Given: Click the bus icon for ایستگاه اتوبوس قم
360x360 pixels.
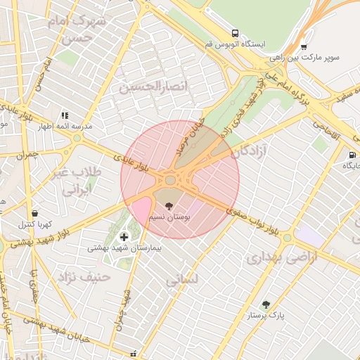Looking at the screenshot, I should click(x=234, y=33).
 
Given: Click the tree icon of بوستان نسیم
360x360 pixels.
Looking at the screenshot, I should click(x=168, y=206).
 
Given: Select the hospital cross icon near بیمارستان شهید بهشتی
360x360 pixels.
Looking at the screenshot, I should click(x=124, y=237).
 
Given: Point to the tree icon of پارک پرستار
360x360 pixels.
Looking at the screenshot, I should click(x=266, y=304).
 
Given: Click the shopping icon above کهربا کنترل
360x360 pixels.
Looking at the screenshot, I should click(x=34, y=213).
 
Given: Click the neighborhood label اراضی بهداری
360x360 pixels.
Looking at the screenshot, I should click(x=282, y=258).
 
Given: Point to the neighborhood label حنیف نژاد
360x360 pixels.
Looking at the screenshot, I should click(x=86, y=276).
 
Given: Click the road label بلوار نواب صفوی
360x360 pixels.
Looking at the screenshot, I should click(x=253, y=220).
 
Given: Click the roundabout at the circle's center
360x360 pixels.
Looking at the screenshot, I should click(x=171, y=180).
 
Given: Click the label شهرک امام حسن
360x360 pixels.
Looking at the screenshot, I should click(x=79, y=29).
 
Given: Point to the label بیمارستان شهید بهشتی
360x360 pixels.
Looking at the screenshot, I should click(x=124, y=248).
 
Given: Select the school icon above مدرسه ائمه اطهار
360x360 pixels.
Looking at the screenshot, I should click(x=65, y=115).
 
